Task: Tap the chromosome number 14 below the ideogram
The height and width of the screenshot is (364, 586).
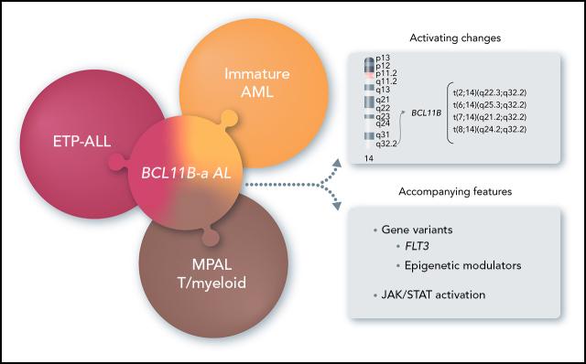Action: (x=369, y=158)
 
